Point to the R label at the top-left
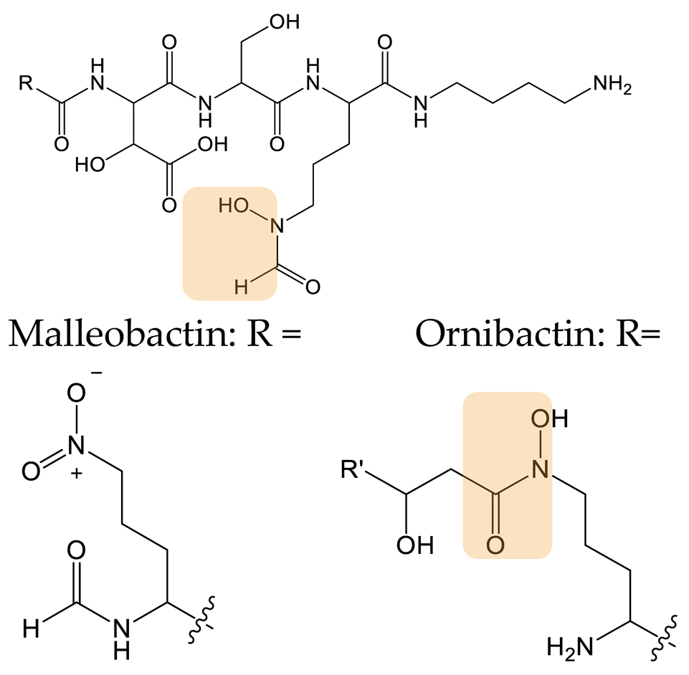point(26,84)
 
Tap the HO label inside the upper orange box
point(234,207)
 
